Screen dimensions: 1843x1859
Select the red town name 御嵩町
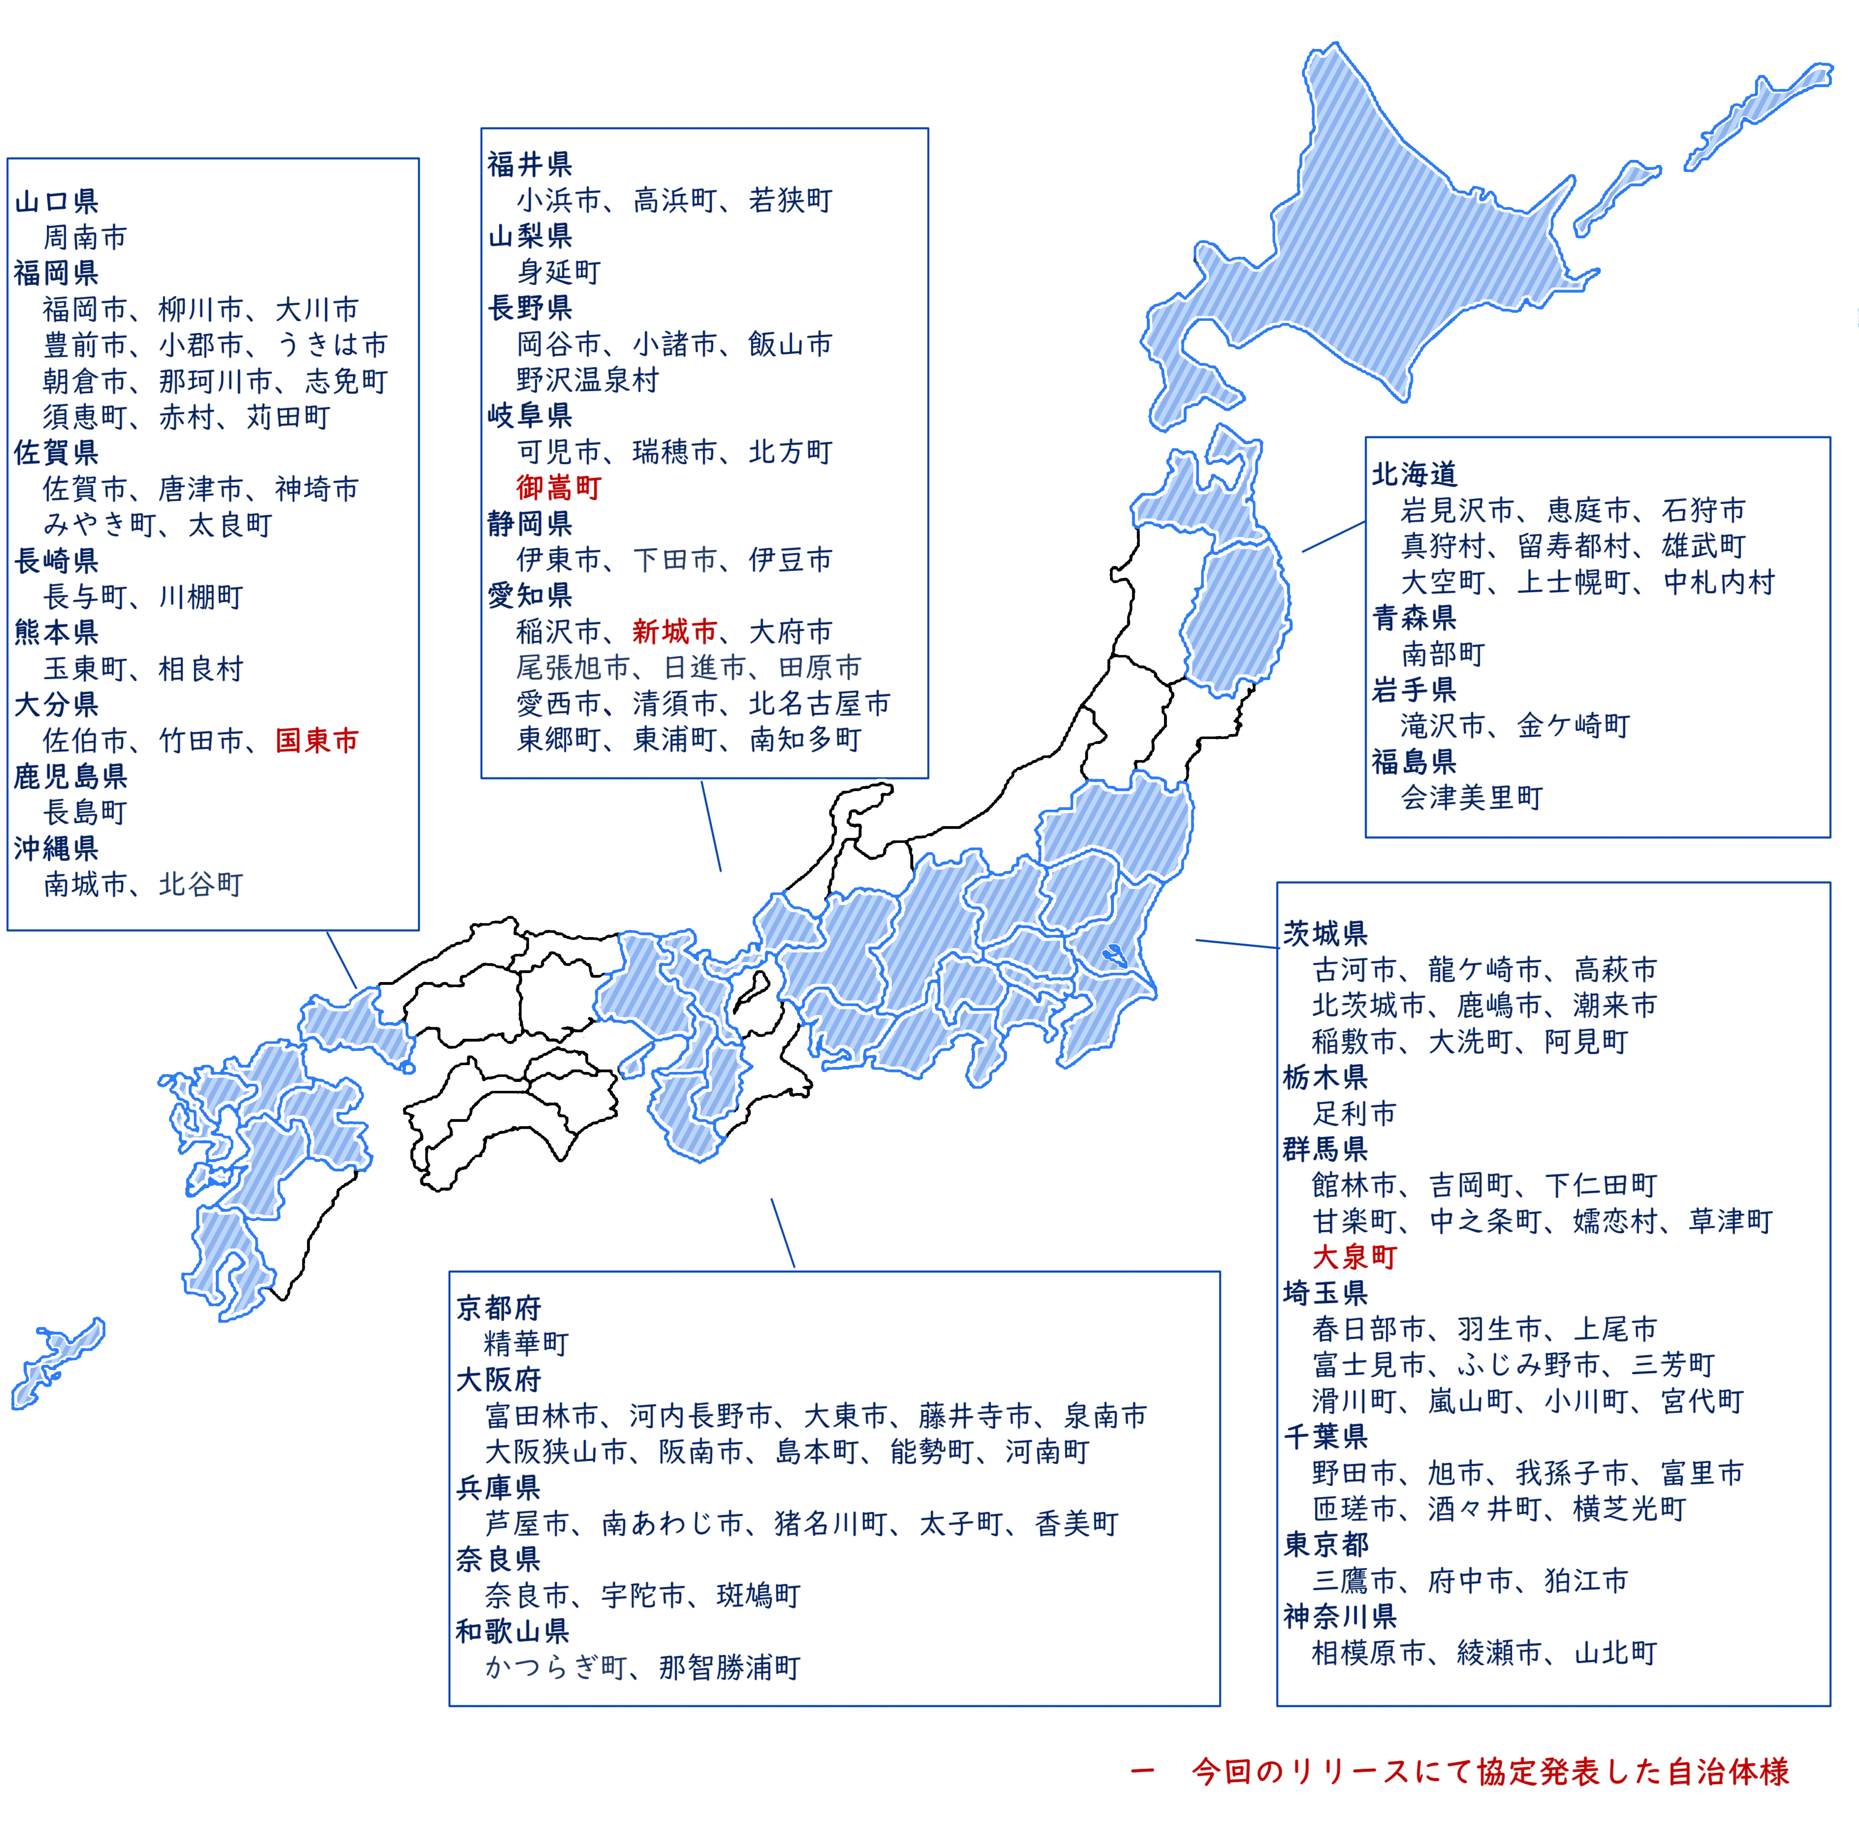point(558,488)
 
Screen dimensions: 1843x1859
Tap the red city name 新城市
point(674,632)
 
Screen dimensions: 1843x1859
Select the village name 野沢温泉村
point(587,380)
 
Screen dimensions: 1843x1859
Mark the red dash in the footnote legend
point(1142,1772)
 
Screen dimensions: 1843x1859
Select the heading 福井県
point(529,165)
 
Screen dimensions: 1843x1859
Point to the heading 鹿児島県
point(70,776)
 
